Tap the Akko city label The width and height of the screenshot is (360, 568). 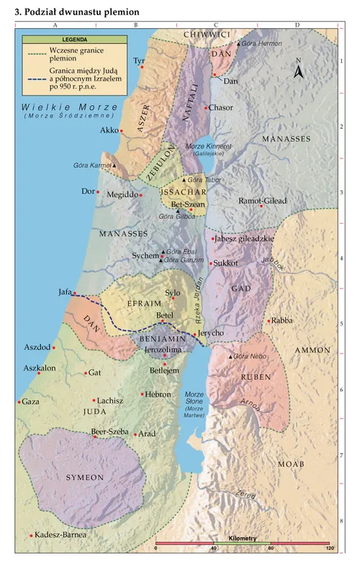(109, 131)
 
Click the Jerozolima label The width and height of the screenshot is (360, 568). (162, 349)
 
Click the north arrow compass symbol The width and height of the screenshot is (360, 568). (300, 69)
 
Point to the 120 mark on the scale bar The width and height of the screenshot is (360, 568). (330, 549)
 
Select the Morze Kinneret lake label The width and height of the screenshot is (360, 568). (207, 147)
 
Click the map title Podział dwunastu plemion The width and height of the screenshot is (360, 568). (77, 13)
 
